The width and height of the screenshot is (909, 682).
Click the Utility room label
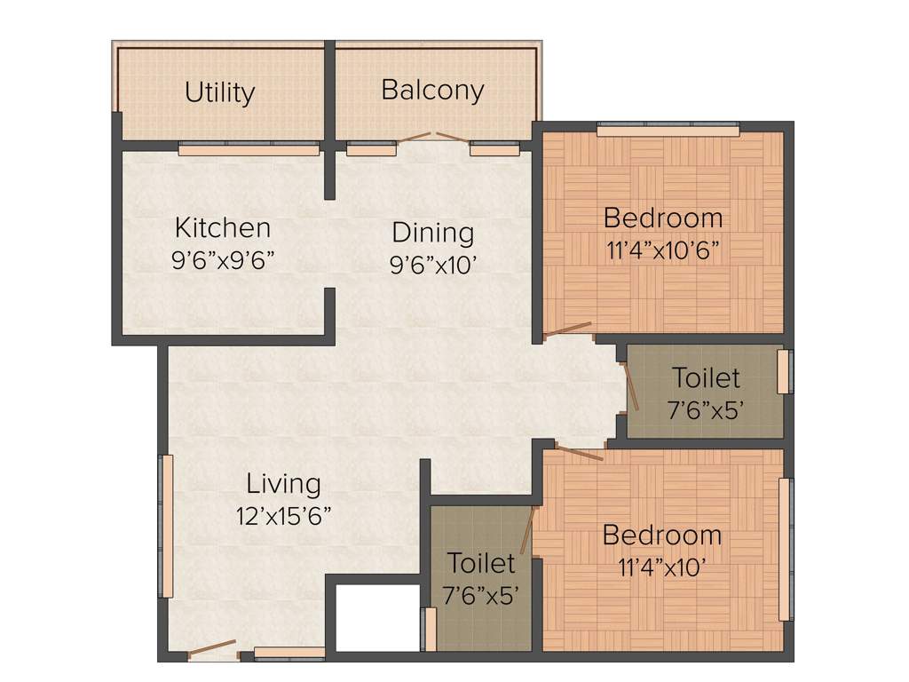tap(220, 92)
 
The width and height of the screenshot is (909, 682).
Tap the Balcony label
tap(432, 90)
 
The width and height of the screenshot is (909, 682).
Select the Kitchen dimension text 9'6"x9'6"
tap(222, 259)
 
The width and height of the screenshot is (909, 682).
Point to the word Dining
tap(432, 233)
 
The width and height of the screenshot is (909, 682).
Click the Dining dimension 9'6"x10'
tap(432, 266)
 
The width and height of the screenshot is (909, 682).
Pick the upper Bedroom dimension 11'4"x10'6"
tap(662, 250)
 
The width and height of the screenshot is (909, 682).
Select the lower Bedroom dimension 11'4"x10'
tap(661, 567)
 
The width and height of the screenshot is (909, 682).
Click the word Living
tap(283, 484)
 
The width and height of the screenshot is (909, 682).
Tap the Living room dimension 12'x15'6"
tap(283, 516)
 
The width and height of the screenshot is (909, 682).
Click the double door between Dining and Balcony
tap(431, 139)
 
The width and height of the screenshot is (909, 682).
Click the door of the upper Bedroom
tap(568, 330)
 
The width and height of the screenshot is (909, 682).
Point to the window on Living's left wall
tap(165, 526)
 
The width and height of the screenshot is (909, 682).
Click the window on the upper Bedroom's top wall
tap(668, 131)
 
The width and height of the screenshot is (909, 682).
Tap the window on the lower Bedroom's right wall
tap(785, 549)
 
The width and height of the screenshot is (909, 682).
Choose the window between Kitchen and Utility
tap(249, 149)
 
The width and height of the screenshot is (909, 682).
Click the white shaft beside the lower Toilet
tap(376, 618)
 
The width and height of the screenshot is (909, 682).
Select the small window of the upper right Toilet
tap(784, 371)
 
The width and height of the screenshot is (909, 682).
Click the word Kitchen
tap(222, 227)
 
